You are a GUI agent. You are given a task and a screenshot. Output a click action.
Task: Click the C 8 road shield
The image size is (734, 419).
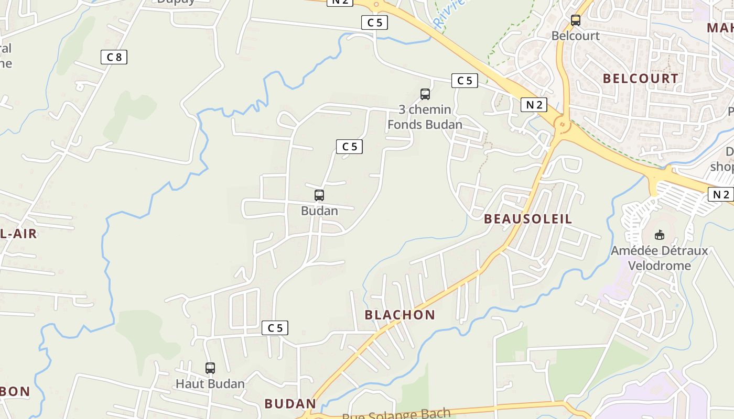click(114, 57)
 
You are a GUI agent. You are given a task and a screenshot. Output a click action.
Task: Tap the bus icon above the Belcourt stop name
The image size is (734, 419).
click(575, 20)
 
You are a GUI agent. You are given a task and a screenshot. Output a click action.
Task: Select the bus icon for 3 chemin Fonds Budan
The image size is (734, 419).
click(425, 94)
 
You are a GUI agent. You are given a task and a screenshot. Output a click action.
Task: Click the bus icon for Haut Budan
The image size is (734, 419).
click(210, 368)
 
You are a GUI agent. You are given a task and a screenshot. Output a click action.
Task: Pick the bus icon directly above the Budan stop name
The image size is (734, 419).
click(319, 195)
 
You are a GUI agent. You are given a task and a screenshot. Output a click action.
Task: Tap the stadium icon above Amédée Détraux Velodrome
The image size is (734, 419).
click(659, 235)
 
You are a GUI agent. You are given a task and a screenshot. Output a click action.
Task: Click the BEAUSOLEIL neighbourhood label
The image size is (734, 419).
click(528, 219)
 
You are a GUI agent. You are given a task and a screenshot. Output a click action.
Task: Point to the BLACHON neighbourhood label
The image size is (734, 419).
click(400, 315)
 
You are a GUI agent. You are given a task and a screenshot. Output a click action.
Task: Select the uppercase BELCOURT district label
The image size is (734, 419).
click(640, 79)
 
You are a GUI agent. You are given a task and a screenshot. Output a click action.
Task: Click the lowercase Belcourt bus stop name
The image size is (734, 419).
click(575, 36)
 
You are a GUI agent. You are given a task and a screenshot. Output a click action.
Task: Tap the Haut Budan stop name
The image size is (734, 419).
click(210, 383)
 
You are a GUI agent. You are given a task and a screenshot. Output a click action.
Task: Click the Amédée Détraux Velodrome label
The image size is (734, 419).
click(659, 258)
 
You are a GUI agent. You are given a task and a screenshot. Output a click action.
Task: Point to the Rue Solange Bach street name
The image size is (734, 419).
click(396, 414)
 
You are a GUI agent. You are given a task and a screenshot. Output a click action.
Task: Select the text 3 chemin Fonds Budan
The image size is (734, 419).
click(425, 117)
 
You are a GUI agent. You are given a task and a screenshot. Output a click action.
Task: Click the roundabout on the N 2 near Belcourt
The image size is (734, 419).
click(562, 125)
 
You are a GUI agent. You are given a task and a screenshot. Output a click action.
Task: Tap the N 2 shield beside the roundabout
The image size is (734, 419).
click(534, 105)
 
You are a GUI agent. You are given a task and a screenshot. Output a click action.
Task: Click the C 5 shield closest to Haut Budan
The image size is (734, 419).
click(275, 328)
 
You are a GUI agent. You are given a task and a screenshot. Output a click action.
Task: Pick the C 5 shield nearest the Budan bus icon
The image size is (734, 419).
click(349, 147)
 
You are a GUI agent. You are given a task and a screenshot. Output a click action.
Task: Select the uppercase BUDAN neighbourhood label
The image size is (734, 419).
click(290, 404)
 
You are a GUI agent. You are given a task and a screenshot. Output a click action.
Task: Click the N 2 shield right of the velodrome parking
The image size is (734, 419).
click(720, 194)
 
